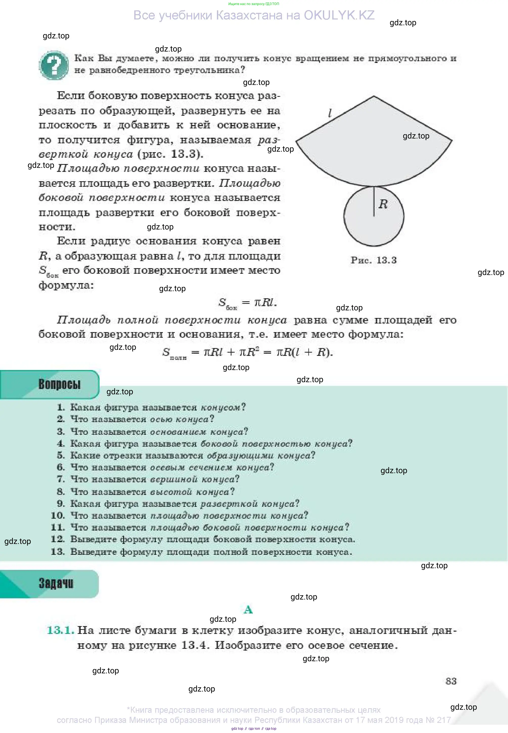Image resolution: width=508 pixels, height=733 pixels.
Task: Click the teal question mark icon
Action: pos(53,65)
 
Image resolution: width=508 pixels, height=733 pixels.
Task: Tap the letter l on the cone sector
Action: pos(330,113)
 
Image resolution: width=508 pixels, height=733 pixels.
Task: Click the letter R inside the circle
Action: pos(383,204)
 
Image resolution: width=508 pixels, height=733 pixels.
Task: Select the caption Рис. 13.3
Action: pos(374,260)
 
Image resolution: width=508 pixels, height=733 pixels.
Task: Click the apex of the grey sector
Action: pos(374,96)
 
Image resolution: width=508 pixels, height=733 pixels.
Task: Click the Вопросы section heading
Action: pos(59,384)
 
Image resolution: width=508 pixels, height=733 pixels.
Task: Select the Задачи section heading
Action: pos(56,583)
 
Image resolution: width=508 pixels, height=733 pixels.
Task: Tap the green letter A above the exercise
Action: pos(248,610)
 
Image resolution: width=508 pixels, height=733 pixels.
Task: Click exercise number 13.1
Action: pos(60,630)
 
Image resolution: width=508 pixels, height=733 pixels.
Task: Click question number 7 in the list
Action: pos(61,479)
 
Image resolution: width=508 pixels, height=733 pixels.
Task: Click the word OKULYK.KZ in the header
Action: pos(339,15)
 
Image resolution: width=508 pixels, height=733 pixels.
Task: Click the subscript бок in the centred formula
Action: pos(231,308)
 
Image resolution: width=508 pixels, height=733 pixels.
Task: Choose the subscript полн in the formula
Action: pos(178,358)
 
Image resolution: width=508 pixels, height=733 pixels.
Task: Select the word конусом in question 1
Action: pos(220,407)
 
